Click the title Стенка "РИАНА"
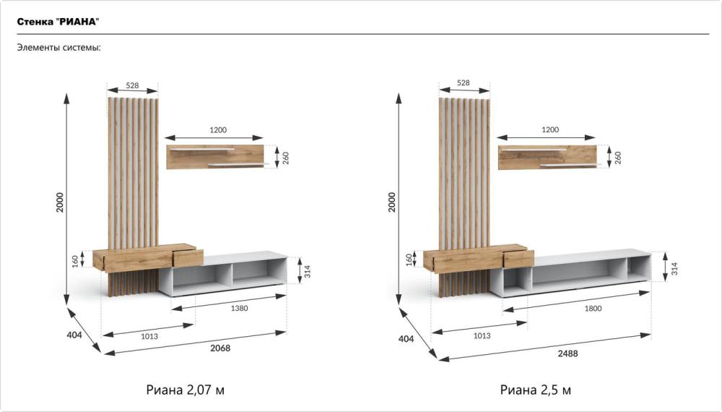58,22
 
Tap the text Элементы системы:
59,48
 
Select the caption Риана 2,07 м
185,390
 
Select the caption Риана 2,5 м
536,390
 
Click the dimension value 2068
220,348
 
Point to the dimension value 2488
567,353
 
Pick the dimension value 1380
239,309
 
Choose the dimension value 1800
593,309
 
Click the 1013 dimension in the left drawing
149,336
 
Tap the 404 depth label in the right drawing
406,339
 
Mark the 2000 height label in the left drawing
60,202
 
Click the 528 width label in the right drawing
464,82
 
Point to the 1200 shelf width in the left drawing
218,130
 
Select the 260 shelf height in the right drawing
618,158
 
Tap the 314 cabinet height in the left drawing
307,271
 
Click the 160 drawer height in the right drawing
409,259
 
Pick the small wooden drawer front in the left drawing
188,258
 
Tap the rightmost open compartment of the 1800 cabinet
639,267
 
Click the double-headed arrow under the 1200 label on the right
546,137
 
